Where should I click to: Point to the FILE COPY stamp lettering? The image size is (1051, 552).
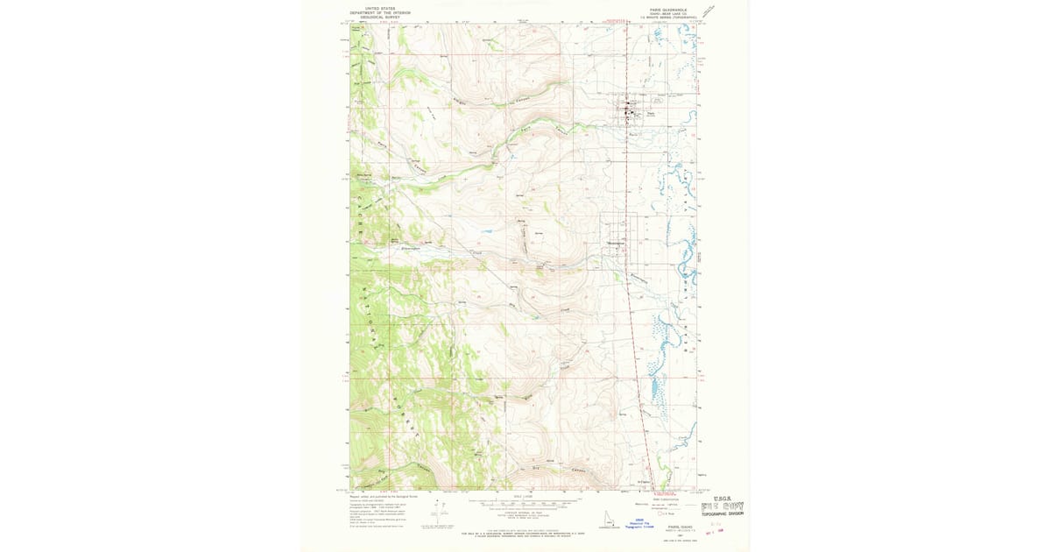[723, 507]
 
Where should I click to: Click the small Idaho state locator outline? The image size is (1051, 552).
[607, 520]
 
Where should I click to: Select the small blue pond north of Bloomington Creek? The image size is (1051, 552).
[484, 233]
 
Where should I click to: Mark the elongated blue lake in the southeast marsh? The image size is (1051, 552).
[653, 388]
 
